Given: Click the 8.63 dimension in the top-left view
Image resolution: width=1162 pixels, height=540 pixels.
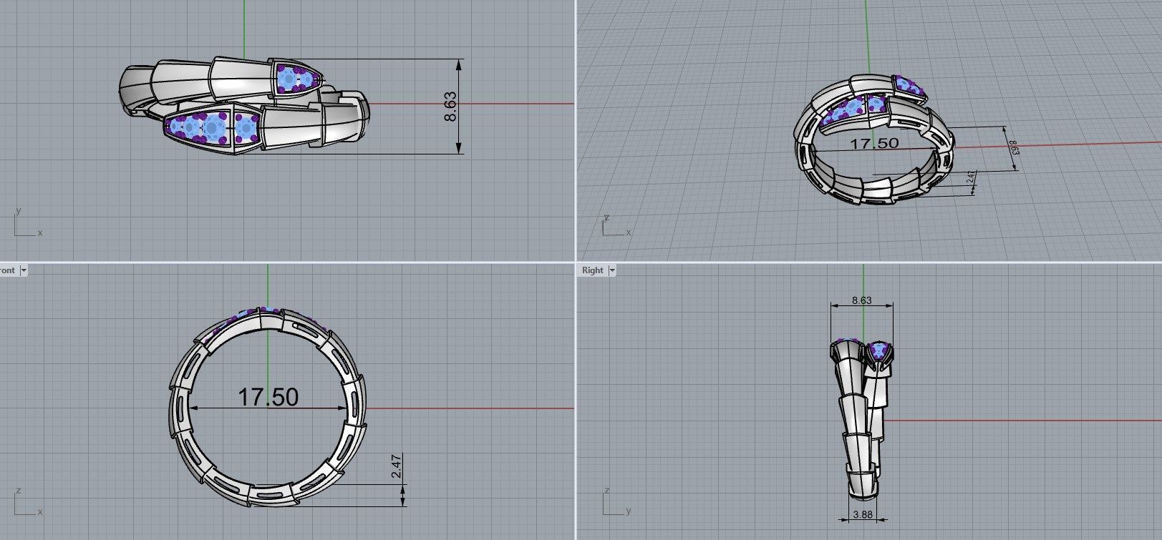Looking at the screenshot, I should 450,106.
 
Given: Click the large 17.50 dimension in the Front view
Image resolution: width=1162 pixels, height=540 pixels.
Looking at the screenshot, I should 268,397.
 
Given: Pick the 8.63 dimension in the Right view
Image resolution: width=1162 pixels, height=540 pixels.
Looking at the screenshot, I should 861,300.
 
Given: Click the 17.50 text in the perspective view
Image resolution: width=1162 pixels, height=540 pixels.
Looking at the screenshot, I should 873,143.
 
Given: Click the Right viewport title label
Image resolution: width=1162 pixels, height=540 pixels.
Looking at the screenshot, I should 593,270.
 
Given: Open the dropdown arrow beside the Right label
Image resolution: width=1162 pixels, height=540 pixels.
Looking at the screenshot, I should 612,270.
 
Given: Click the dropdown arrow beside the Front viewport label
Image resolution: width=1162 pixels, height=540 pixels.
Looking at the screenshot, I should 24,270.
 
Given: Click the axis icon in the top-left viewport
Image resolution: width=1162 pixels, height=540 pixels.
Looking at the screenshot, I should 24,225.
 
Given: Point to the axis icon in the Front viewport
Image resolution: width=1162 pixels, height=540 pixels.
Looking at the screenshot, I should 24,504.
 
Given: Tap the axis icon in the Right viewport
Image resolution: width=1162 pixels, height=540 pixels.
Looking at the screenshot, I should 613,504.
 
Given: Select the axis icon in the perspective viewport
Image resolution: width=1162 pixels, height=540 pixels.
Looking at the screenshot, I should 613,226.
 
